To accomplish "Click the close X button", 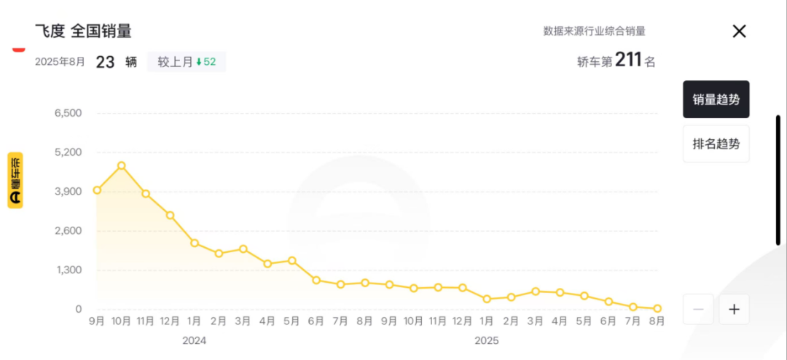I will pos(739,31).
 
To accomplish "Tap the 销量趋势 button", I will pos(716,99).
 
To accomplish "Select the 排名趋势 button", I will pos(716,144).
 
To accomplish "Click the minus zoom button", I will pos(698,309).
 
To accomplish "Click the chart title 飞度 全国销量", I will pos(83,31).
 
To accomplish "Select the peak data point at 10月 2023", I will pos(122,165).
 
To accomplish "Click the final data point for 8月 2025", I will pos(657,308).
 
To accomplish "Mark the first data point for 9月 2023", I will pos(97,190).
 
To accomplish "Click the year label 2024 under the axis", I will pos(195,340).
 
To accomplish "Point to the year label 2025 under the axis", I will pos(487,340).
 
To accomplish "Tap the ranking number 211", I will pos(628,60).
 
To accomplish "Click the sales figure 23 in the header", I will pos(105,62).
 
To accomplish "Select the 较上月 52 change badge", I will pos(187,62).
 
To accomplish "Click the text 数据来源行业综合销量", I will pos(594,31).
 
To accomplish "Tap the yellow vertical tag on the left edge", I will pos(15,180).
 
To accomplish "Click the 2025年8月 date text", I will pos(60,62).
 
